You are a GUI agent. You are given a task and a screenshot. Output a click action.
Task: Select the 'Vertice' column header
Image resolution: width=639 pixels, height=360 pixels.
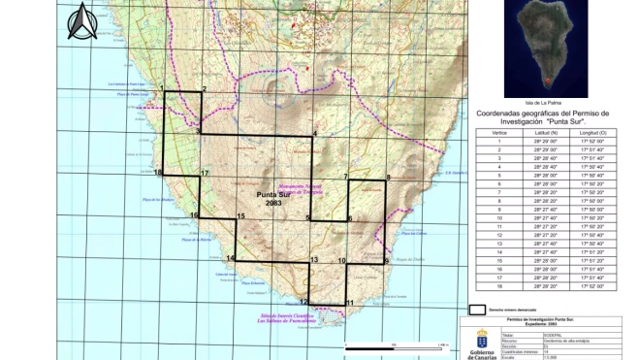point(499,131)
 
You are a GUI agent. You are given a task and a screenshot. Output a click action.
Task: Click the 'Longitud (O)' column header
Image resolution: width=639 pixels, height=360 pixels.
point(592,131)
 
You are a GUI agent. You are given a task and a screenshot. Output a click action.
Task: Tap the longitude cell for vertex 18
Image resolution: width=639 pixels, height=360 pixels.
point(592,287)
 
